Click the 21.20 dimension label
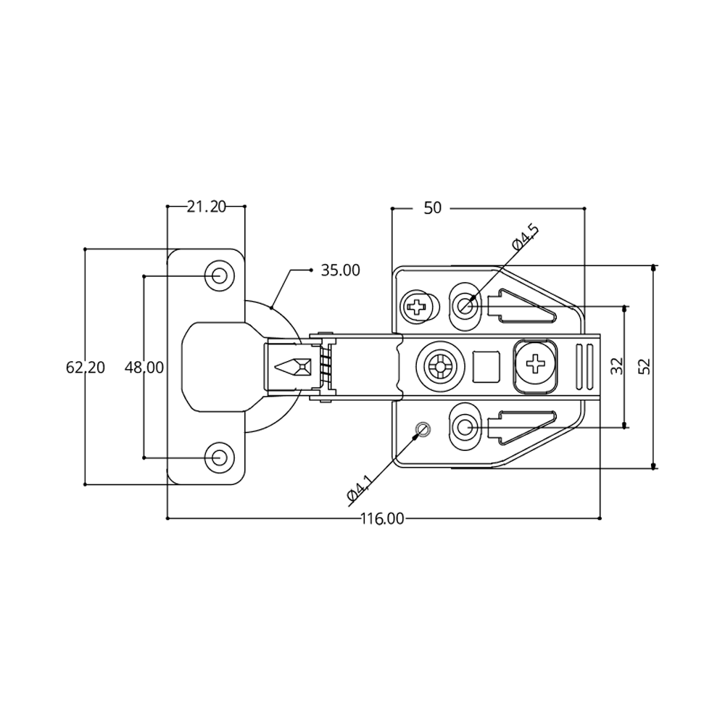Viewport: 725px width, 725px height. pos(206,207)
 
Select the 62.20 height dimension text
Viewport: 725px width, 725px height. pos(86,368)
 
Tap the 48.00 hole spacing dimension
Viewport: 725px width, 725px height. pos(144,368)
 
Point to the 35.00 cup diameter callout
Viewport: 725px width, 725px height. pos(340,270)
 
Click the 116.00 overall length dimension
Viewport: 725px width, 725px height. pos(382,519)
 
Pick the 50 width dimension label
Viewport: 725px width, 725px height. pos(432,208)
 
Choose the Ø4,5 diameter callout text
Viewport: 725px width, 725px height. pos(525,237)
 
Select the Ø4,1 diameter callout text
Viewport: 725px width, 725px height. pos(360,488)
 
